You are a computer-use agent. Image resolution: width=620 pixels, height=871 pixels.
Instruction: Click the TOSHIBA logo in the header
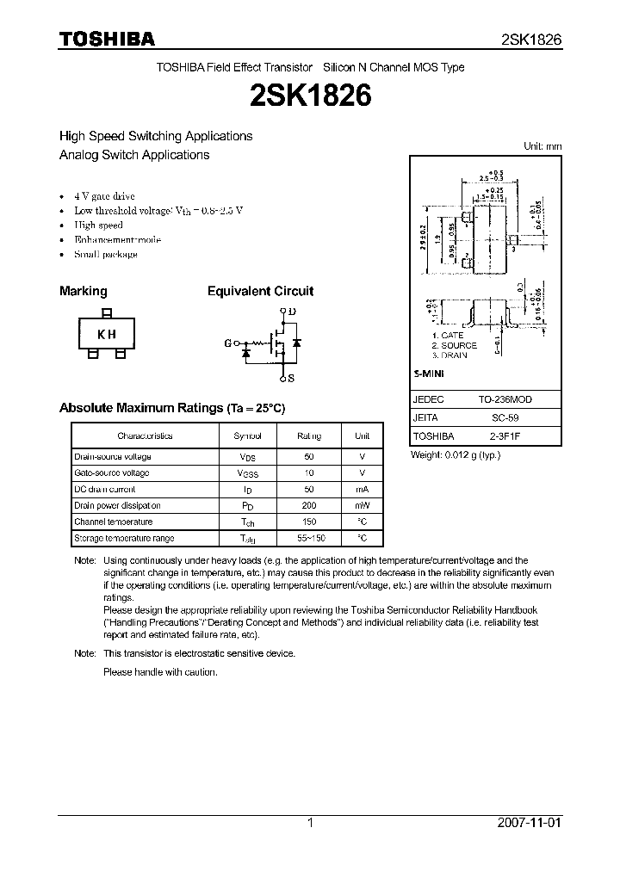(x=107, y=40)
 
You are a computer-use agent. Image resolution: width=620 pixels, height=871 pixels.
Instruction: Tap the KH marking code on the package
(x=106, y=335)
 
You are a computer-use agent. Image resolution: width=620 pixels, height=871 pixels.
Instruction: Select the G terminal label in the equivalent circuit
(x=228, y=343)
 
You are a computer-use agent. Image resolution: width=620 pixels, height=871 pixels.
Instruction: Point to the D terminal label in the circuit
(x=292, y=312)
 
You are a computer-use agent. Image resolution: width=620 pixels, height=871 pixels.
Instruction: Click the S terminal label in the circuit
(x=291, y=378)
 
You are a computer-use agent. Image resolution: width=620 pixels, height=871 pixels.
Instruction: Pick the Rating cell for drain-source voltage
(x=309, y=457)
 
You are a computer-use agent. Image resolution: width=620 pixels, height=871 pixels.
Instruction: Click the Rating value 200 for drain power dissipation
(x=309, y=506)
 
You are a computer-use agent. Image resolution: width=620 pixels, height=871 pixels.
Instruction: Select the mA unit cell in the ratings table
(x=362, y=490)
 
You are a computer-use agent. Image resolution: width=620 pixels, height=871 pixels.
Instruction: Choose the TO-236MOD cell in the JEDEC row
(x=506, y=400)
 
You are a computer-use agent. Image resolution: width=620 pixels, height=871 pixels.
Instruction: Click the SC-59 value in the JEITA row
(x=506, y=418)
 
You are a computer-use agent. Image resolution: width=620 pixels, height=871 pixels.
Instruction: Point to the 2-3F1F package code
(x=506, y=436)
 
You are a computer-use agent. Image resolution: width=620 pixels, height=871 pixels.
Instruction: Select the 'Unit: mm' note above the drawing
(x=542, y=146)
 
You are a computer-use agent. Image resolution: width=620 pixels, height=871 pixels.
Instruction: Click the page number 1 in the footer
(x=310, y=823)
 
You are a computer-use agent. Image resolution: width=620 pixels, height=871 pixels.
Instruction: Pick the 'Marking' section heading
(x=84, y=292)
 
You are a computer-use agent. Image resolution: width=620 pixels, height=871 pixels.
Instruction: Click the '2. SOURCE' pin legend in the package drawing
(x=455, y=345)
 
